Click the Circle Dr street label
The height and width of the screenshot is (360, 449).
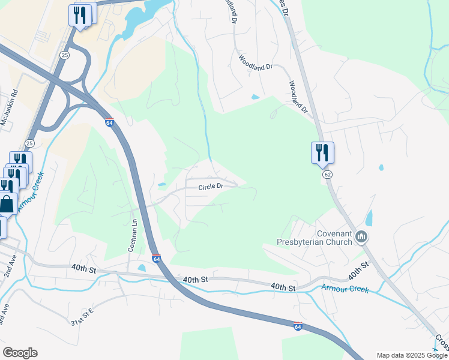click(x=211, y=186)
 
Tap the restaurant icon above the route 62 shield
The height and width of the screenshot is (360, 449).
click(x=322, y=152)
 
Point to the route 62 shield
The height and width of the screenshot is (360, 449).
click(x=327, y=174)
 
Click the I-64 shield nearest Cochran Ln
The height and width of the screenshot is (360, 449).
click(x=156, y=259)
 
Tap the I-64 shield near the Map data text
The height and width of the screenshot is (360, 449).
click(x=298, y=326)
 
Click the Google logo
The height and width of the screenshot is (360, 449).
click(x=20, y=353)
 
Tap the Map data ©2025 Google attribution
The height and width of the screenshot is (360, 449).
click(x=412, y=355)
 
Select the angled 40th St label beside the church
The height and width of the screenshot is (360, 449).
click(x=358, y=271)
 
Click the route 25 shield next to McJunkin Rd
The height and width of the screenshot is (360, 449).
click(x=29, y=143)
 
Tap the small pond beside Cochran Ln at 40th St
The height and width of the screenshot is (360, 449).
click(x=142, y=268)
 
